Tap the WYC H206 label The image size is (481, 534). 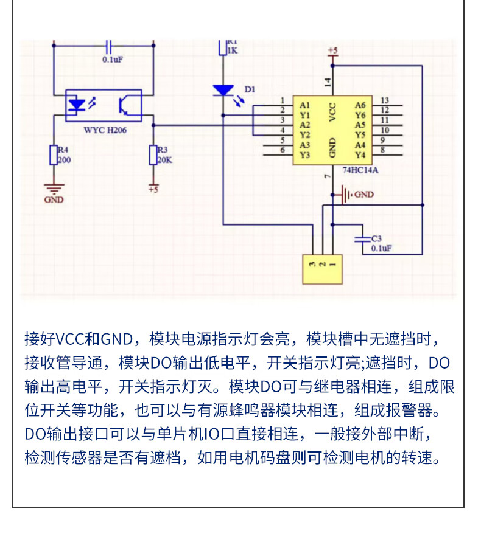105,130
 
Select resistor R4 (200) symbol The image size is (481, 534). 53,156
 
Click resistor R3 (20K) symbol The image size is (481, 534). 153,156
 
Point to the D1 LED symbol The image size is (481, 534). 223,91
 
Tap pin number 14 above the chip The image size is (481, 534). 327,81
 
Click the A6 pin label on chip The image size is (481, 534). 360,105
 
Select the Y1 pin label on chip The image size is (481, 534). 305,114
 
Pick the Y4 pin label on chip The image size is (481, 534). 360,154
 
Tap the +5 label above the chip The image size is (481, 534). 332,49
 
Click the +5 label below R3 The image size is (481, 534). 153,189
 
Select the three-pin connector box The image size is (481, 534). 323,269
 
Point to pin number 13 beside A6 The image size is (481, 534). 385,100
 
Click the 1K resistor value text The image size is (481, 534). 232,51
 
